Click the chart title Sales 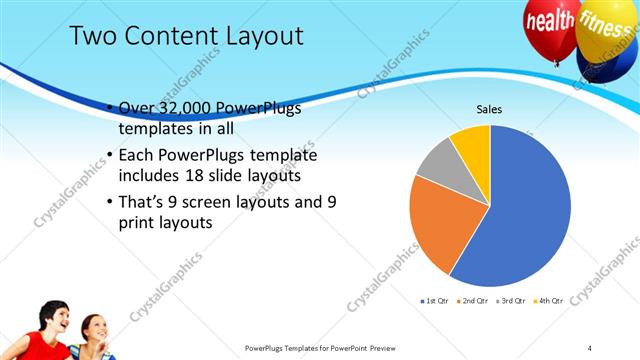pos(488,109)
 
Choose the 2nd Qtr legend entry pos(475,300)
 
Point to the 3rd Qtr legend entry pos(514,300)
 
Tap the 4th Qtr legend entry pos(551,300)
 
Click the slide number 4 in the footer pos(590,348)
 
